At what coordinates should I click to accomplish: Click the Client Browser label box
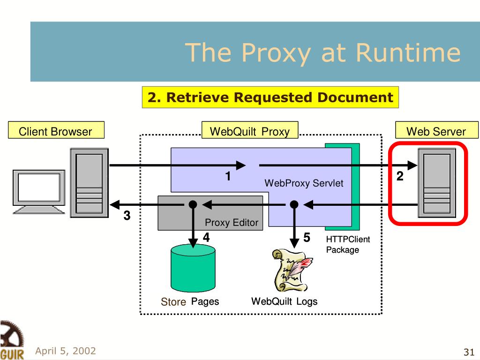56,130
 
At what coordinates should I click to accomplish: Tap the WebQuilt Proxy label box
250,130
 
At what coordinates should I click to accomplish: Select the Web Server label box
436,130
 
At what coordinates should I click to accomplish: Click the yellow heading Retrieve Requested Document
270,97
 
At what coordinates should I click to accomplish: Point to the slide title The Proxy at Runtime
322,52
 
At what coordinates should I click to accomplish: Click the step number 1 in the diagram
228,176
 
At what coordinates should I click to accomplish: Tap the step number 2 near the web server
400,176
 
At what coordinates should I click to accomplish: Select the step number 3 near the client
127,216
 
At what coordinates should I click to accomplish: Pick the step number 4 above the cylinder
206,238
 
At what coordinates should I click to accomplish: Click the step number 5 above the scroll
307,238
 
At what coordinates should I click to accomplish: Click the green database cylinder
193,268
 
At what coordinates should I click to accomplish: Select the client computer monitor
39,192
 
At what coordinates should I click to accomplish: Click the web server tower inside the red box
437,183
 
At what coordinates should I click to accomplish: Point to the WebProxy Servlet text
304,183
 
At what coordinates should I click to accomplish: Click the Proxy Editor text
232,223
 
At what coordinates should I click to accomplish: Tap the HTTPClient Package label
348,245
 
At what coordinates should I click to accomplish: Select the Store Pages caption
190,302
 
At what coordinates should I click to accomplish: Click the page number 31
469,352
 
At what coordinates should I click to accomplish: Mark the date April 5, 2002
66,351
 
